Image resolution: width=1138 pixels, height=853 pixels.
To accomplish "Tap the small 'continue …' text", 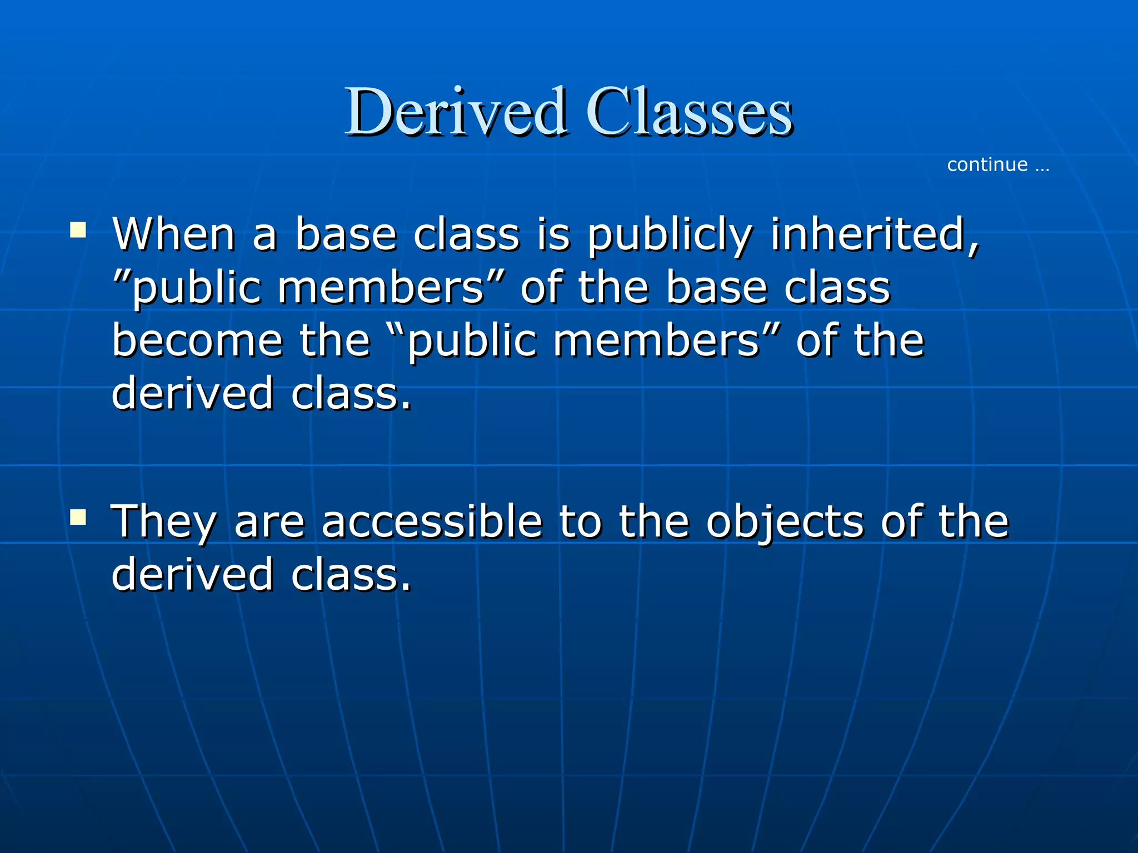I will (998, 165).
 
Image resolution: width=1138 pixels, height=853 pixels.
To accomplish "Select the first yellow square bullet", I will (78, 229).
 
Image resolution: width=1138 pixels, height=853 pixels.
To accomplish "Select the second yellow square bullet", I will (78, 518).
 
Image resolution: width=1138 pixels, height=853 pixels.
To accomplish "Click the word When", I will (174, 234).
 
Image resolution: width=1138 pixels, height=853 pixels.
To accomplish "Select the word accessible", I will (432, 522).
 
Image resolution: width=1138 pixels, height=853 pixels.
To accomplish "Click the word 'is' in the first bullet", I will (553, 234).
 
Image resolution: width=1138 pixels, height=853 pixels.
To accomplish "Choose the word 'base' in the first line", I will (346, 234).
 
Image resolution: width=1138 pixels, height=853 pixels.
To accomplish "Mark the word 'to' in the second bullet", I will (580, 522).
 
